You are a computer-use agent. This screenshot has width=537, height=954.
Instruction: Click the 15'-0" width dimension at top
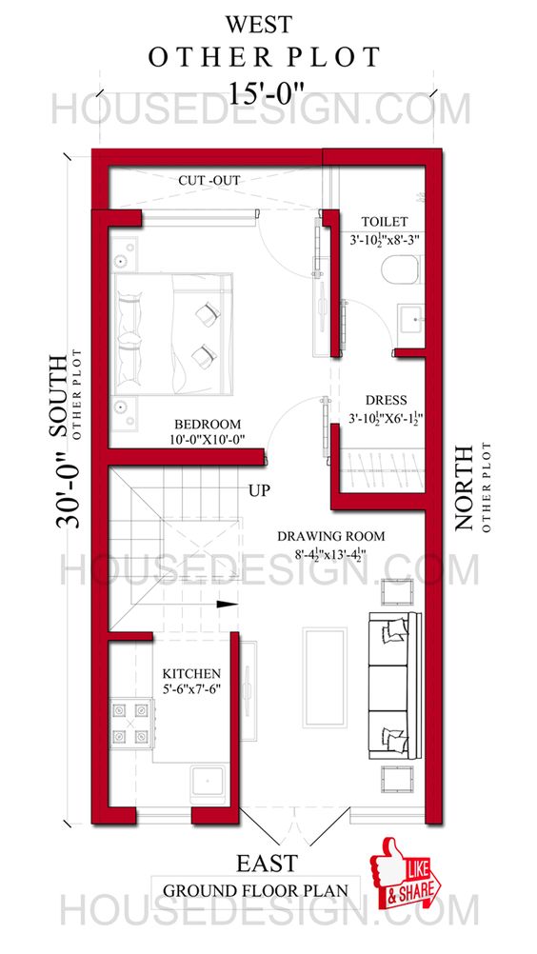point(268,92)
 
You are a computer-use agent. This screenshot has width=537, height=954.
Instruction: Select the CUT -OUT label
point(209,180)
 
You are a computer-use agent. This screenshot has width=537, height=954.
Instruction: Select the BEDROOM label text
point(207,424)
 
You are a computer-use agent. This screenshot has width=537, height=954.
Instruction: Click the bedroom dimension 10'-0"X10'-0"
point(207,440)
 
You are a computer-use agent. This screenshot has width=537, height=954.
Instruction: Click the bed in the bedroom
point(173,331)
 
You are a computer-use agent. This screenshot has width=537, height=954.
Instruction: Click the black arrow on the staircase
point(226,602)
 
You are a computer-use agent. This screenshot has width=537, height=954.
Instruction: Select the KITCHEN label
point(191,673)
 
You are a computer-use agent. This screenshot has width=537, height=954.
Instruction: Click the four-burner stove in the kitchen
point(131,722)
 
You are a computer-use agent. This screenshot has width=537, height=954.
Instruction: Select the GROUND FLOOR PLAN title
point(254,891)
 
